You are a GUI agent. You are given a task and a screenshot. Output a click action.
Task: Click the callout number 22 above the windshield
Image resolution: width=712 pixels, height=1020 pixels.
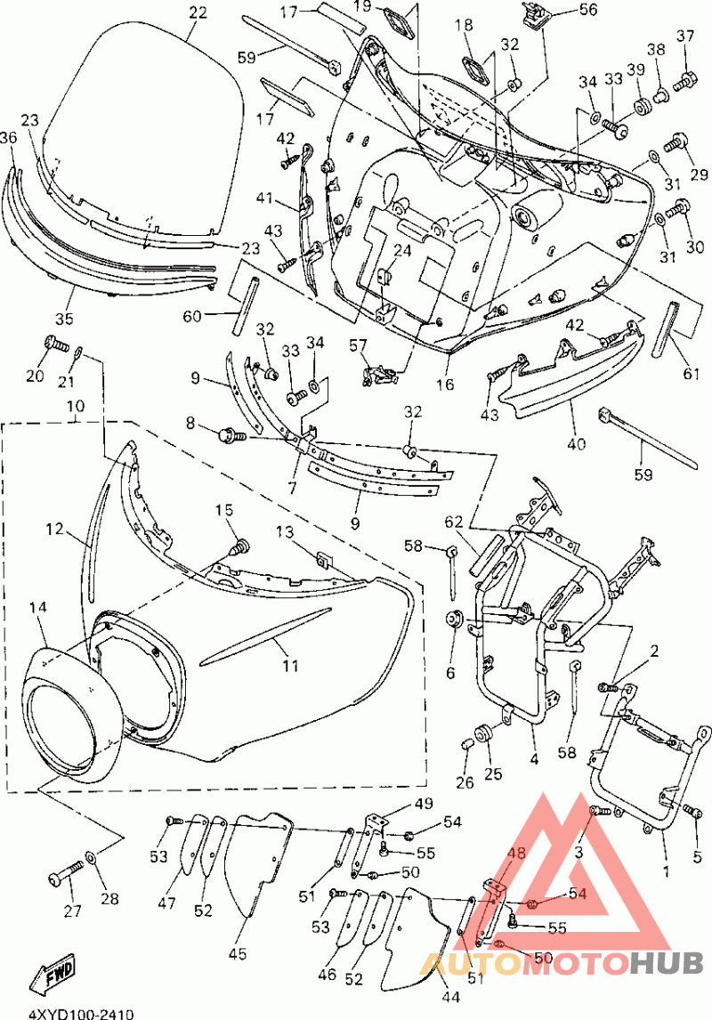pos(198,12)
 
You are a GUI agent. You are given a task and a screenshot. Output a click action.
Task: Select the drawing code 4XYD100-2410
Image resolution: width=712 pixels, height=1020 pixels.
pos(81,1014)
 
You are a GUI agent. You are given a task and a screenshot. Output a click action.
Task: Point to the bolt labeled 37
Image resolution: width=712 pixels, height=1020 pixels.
pos(684,81)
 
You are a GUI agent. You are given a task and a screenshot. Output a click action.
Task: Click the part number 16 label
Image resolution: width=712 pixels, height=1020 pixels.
pos(445,385)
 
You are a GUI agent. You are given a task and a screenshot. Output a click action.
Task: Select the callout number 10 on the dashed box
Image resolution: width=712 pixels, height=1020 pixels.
pos(76,407)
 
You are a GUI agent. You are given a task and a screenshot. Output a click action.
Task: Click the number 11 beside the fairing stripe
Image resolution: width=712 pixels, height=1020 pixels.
pos(290,666)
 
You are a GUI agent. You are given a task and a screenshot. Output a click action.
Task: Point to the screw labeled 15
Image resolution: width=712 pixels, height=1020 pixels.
pos(240,547)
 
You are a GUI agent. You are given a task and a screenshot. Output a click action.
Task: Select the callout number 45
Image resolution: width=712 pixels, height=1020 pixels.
pos(238,953)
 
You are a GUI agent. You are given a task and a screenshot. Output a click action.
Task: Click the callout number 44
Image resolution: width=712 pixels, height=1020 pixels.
pos(451,997)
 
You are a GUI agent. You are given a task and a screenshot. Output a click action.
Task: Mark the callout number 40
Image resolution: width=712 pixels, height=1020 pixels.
pos(576,444)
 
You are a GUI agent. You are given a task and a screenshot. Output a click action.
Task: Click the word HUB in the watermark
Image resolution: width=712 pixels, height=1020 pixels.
pos(667,961)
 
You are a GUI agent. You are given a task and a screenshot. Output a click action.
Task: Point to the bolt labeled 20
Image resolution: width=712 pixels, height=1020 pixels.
pos(56,343)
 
